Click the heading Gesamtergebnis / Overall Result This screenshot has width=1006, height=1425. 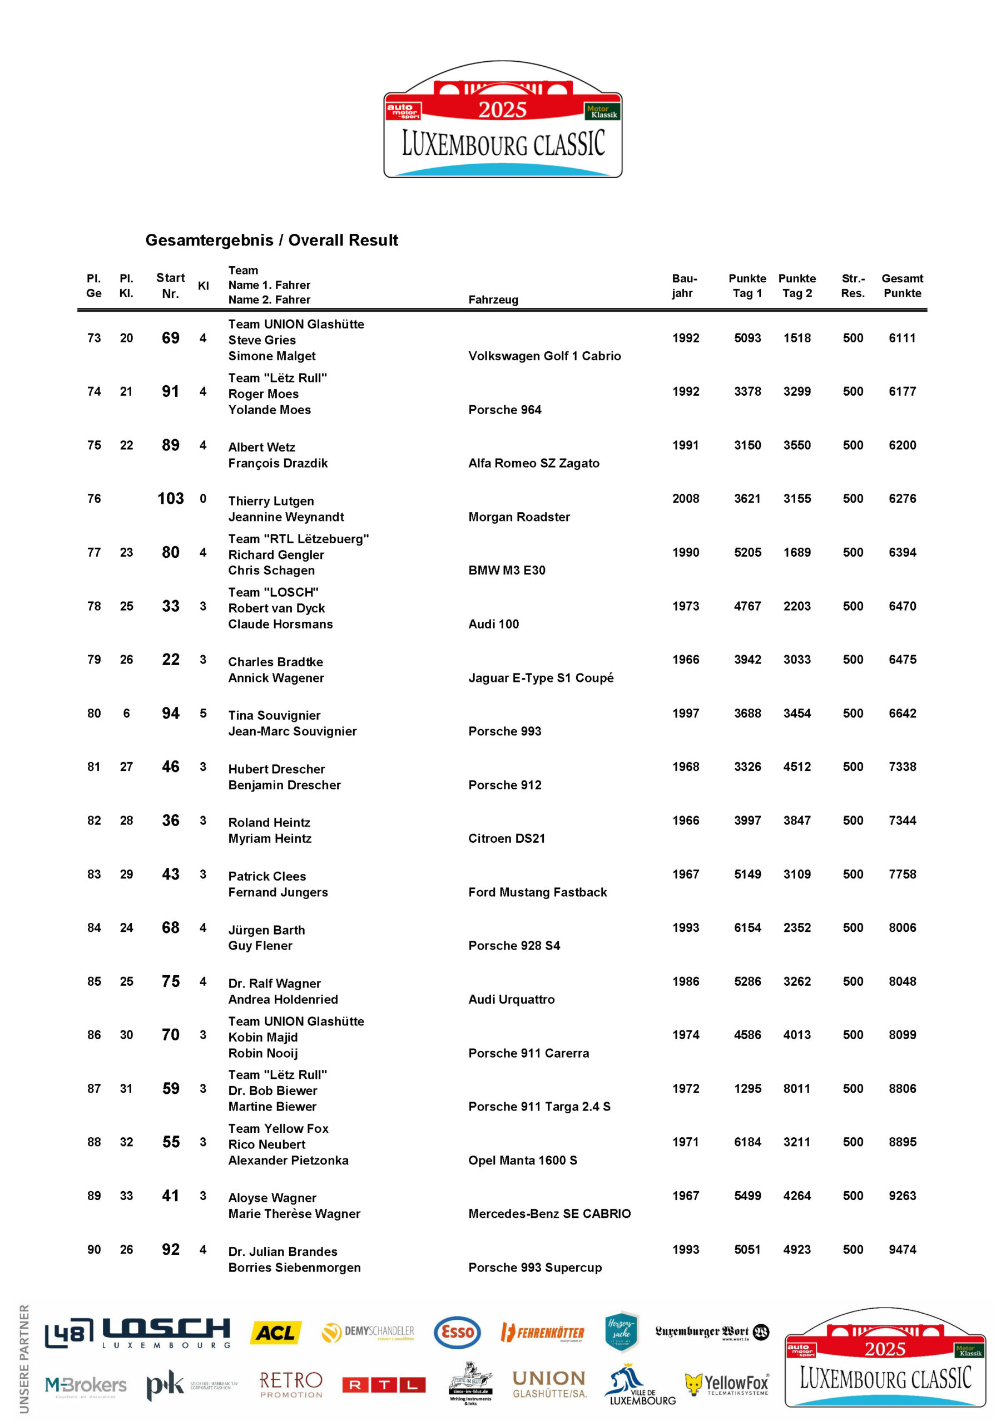[x=271, y=240]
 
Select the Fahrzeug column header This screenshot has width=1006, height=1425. [x=493, y=300]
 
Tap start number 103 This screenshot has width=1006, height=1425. [x=171, y=498]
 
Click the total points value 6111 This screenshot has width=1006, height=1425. [x=902, y=338]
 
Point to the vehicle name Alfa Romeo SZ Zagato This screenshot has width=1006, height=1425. [x=533, y=463]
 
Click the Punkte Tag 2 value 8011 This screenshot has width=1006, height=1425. [x=796, y=1089]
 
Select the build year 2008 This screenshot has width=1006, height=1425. [x=685, y=498]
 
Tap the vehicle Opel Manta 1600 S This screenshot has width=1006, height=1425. [x=522, y=1160]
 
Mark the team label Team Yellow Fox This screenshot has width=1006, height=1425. [x=278, y=1128]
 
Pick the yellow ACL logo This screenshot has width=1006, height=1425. [x=275, y=1333]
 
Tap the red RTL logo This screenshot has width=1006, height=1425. [x=384, y=1385]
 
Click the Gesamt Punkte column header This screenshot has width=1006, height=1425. [x=902, y=286]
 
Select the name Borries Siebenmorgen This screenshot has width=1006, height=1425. [x=294, y=1267]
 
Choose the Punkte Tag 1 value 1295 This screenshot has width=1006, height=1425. [x=747, y=1089]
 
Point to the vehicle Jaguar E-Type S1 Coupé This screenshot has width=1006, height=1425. [x=541, y=678]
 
